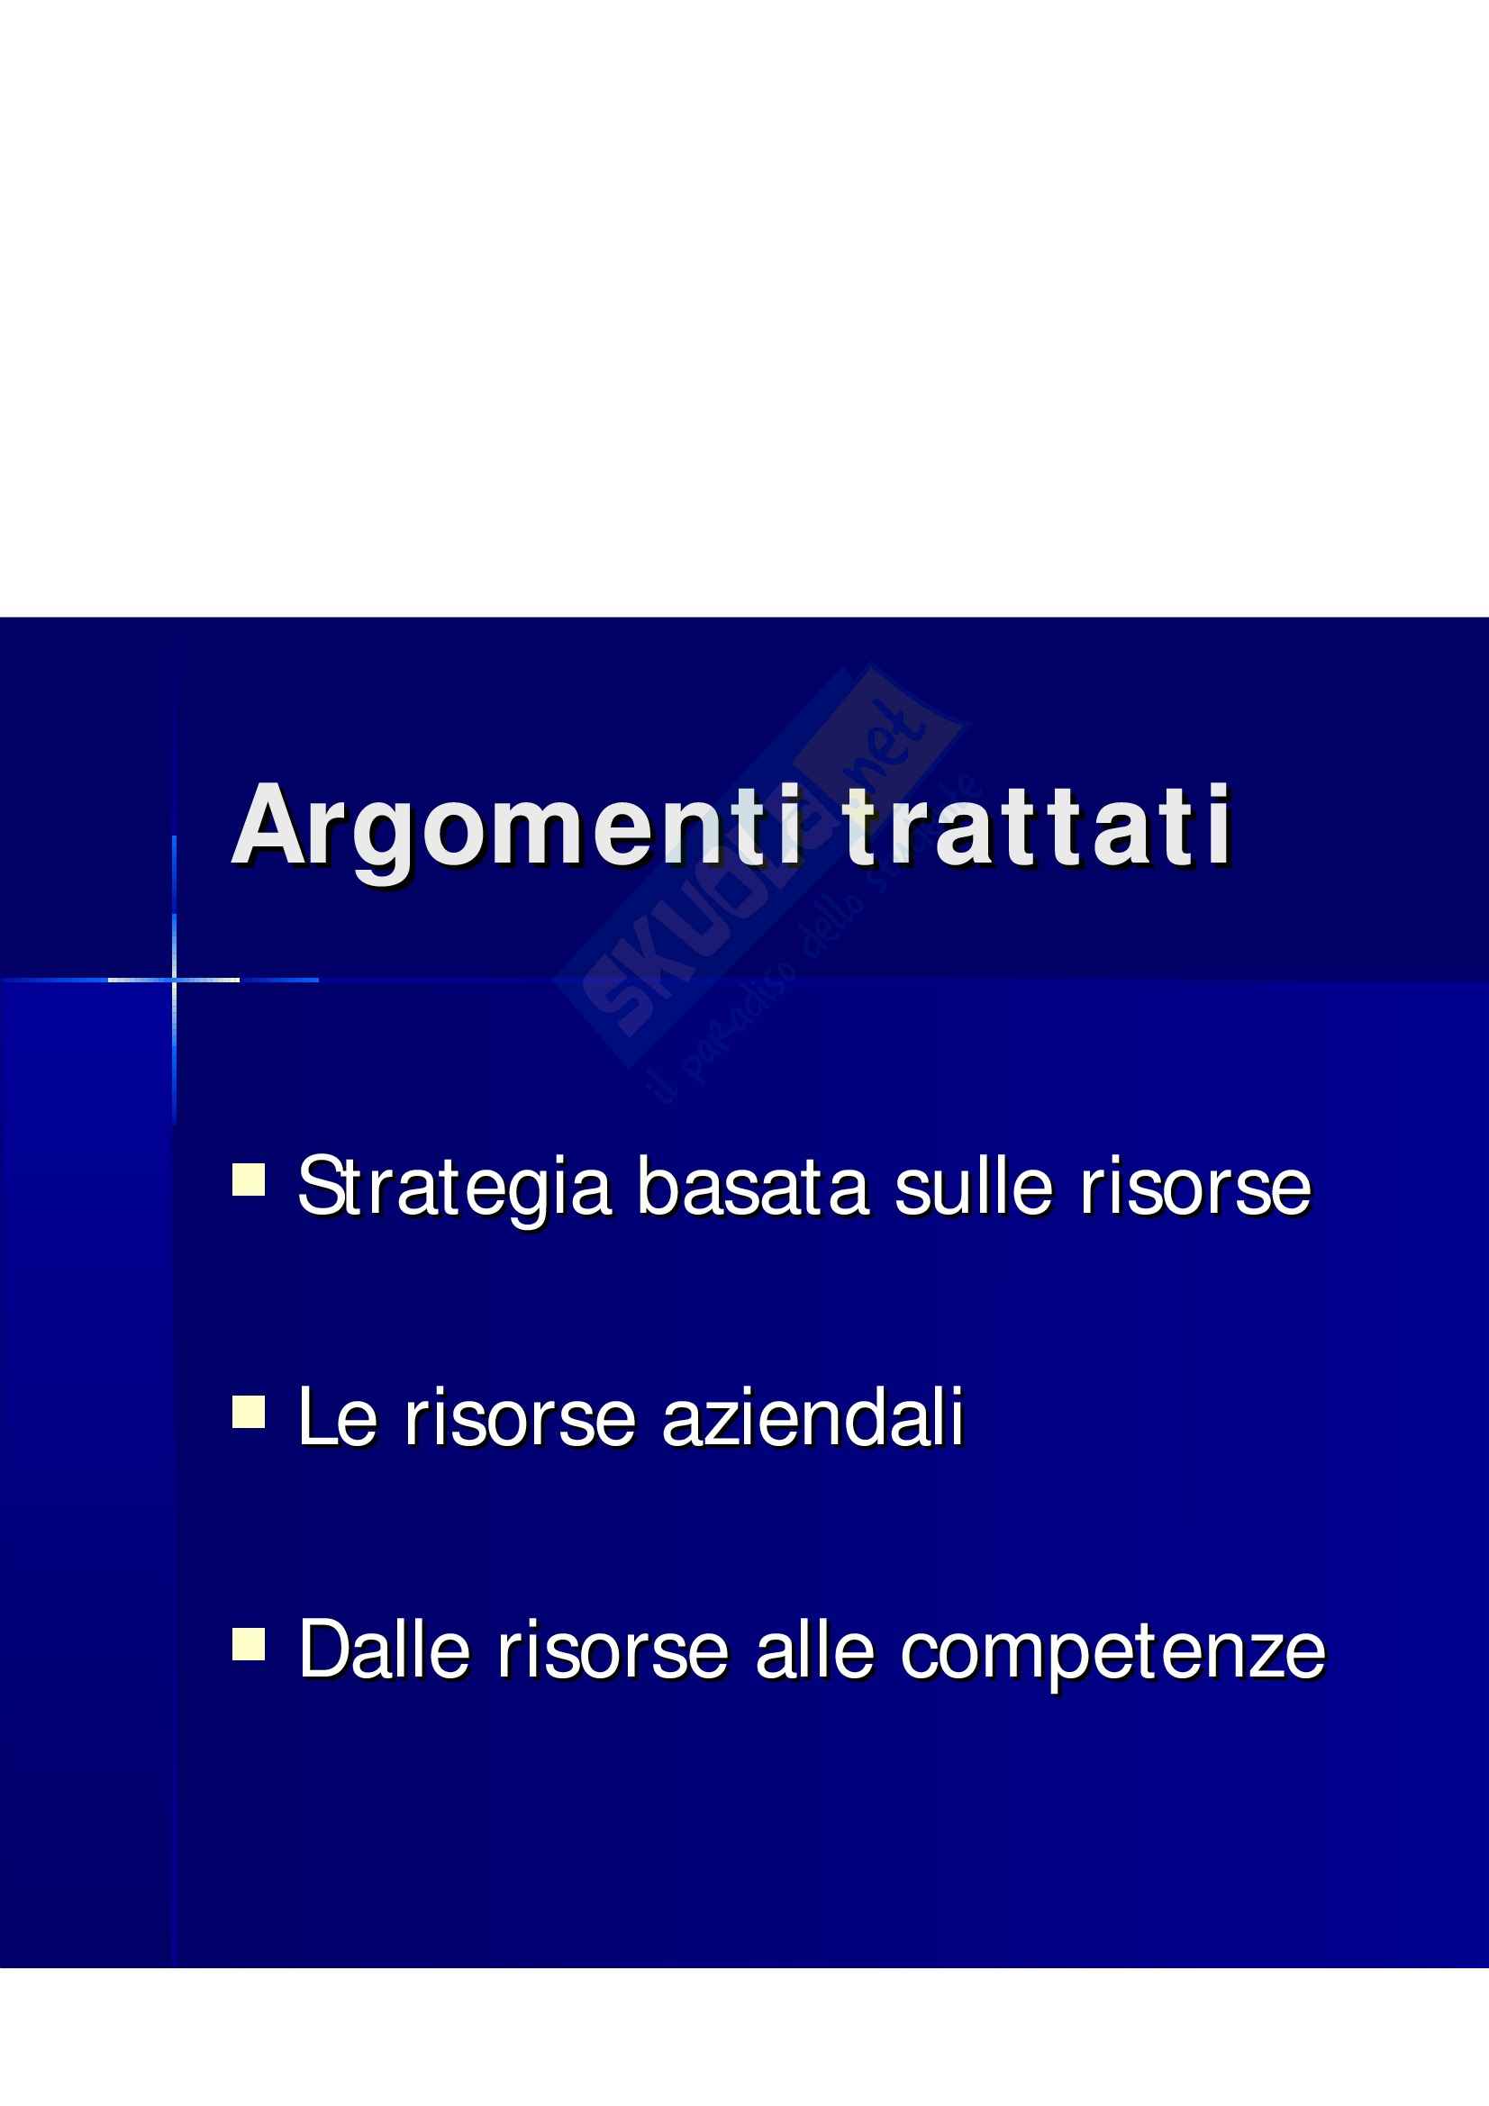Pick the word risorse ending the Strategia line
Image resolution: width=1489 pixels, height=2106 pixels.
(x=1195, y=1188)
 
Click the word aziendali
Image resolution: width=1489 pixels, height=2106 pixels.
(x=812, y=1416)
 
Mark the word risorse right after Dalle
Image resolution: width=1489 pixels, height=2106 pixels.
(x=612, y=1650)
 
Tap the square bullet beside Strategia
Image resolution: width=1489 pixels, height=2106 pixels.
(x=249, y=1180)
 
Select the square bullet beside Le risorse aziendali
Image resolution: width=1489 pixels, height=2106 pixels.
(x=249, y=1413)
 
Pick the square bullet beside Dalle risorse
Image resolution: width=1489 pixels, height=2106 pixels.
(x=249, y=1645)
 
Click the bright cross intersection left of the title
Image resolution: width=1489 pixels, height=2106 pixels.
(x=175, y=980)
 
